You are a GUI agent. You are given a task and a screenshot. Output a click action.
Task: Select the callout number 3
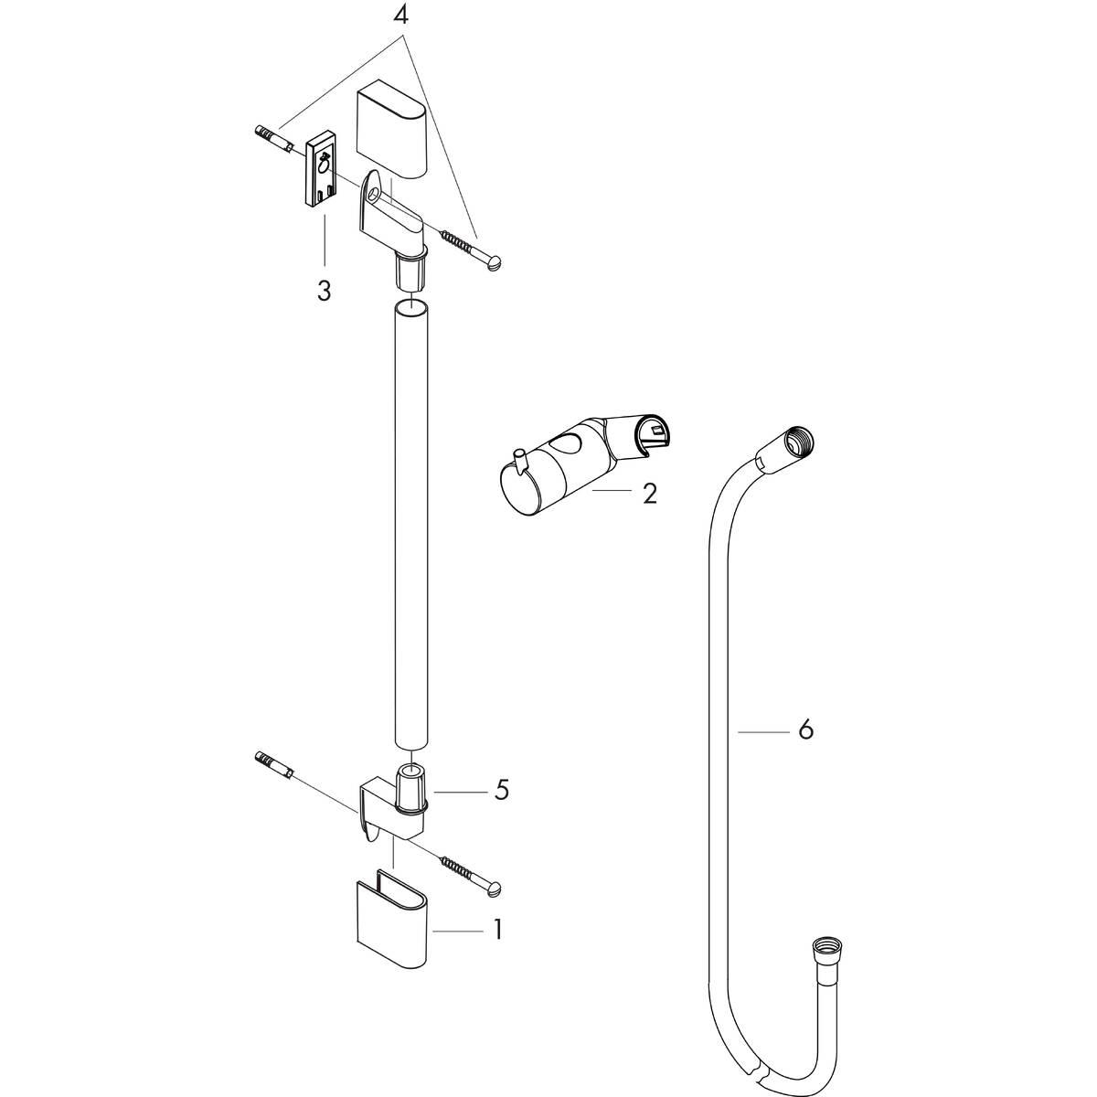[324, 292]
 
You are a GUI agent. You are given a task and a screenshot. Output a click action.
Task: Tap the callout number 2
[649, 494]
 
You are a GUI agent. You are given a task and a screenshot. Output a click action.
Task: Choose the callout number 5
[500, 790]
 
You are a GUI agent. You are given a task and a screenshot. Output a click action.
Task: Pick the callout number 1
[497, 931]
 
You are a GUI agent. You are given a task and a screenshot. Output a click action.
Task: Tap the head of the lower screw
[496, 887]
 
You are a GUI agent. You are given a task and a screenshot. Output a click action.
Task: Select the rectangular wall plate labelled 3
[320, 169]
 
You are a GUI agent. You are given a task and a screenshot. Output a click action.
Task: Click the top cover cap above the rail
[390, 129]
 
